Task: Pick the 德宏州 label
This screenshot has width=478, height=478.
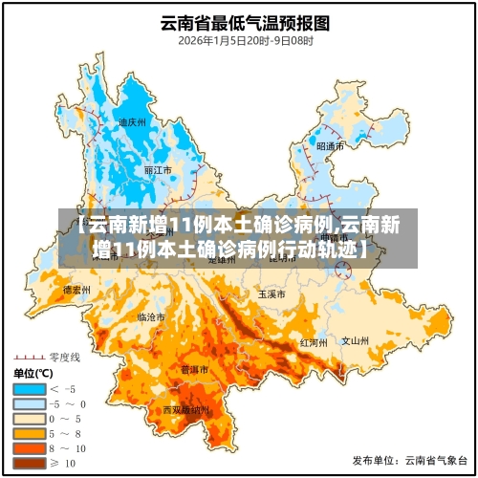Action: pyautogui.click(x=76, y=289)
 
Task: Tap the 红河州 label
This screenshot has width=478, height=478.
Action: pyautogui.click(x=314, y=341)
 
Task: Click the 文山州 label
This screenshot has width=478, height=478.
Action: pyautogui.click(x=356, y=339)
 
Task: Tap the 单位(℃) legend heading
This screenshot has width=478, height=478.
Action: pyautogui.click(x=34, y=373)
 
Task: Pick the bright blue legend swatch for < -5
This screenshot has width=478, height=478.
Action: pyautogui.click(x=29, y=389)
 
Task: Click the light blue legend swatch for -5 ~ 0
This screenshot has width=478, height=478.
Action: pyautogui.click(x=29, y=404)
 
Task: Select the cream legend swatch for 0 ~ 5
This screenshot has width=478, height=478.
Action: pyautogui.click(x=29, y=419)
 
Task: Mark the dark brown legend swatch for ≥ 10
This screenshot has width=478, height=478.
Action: pyautogui.click(x=29, y=464)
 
